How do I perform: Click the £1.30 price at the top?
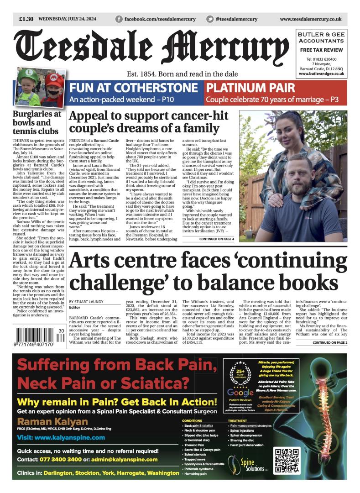[26, 19]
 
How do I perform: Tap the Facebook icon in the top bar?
[119, 19]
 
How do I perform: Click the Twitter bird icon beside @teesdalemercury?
[209, 19]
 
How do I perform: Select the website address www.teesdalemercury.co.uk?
[310, 19]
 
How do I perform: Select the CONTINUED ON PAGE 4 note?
[216, 239]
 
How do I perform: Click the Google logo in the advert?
[240, 393]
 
